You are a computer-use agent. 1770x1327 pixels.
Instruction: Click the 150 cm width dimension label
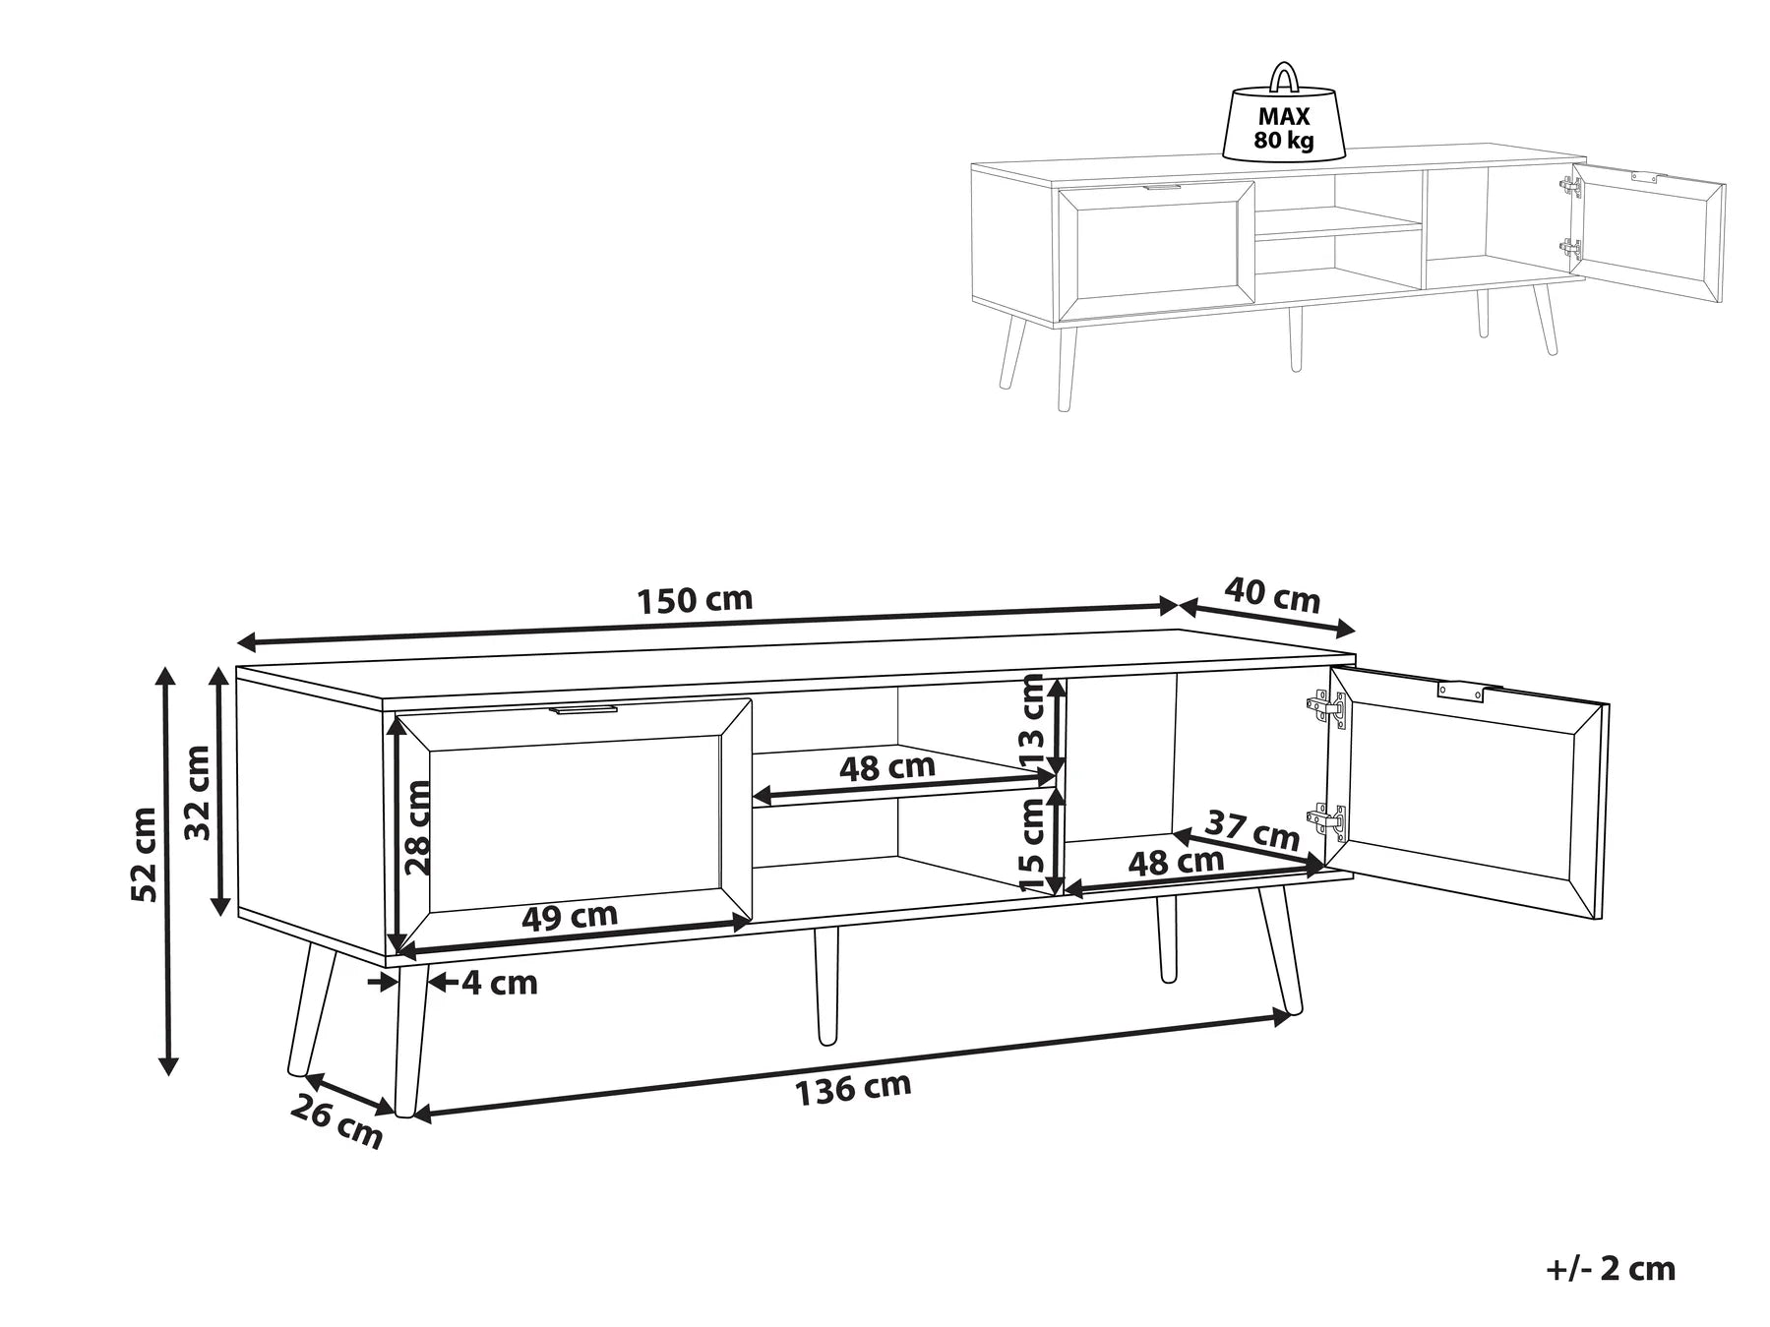point(695,599)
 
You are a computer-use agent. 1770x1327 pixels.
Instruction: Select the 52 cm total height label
point(145,854)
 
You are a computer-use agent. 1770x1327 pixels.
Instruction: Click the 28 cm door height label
point(418,827)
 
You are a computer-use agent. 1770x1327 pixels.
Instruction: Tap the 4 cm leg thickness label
point(500,982)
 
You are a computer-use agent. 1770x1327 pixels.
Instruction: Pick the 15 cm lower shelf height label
point(1032,844)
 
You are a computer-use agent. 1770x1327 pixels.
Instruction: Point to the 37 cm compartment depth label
point(1252,830)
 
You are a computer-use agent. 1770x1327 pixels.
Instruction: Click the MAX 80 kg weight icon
point(1284,118)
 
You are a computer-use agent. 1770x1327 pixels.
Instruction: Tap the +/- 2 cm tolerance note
point(1610,1268)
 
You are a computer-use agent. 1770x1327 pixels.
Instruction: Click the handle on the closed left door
point(584,708)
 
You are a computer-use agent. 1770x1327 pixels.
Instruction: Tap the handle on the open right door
point(1460,691)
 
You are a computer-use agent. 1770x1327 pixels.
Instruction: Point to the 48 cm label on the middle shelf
point(886,767)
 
